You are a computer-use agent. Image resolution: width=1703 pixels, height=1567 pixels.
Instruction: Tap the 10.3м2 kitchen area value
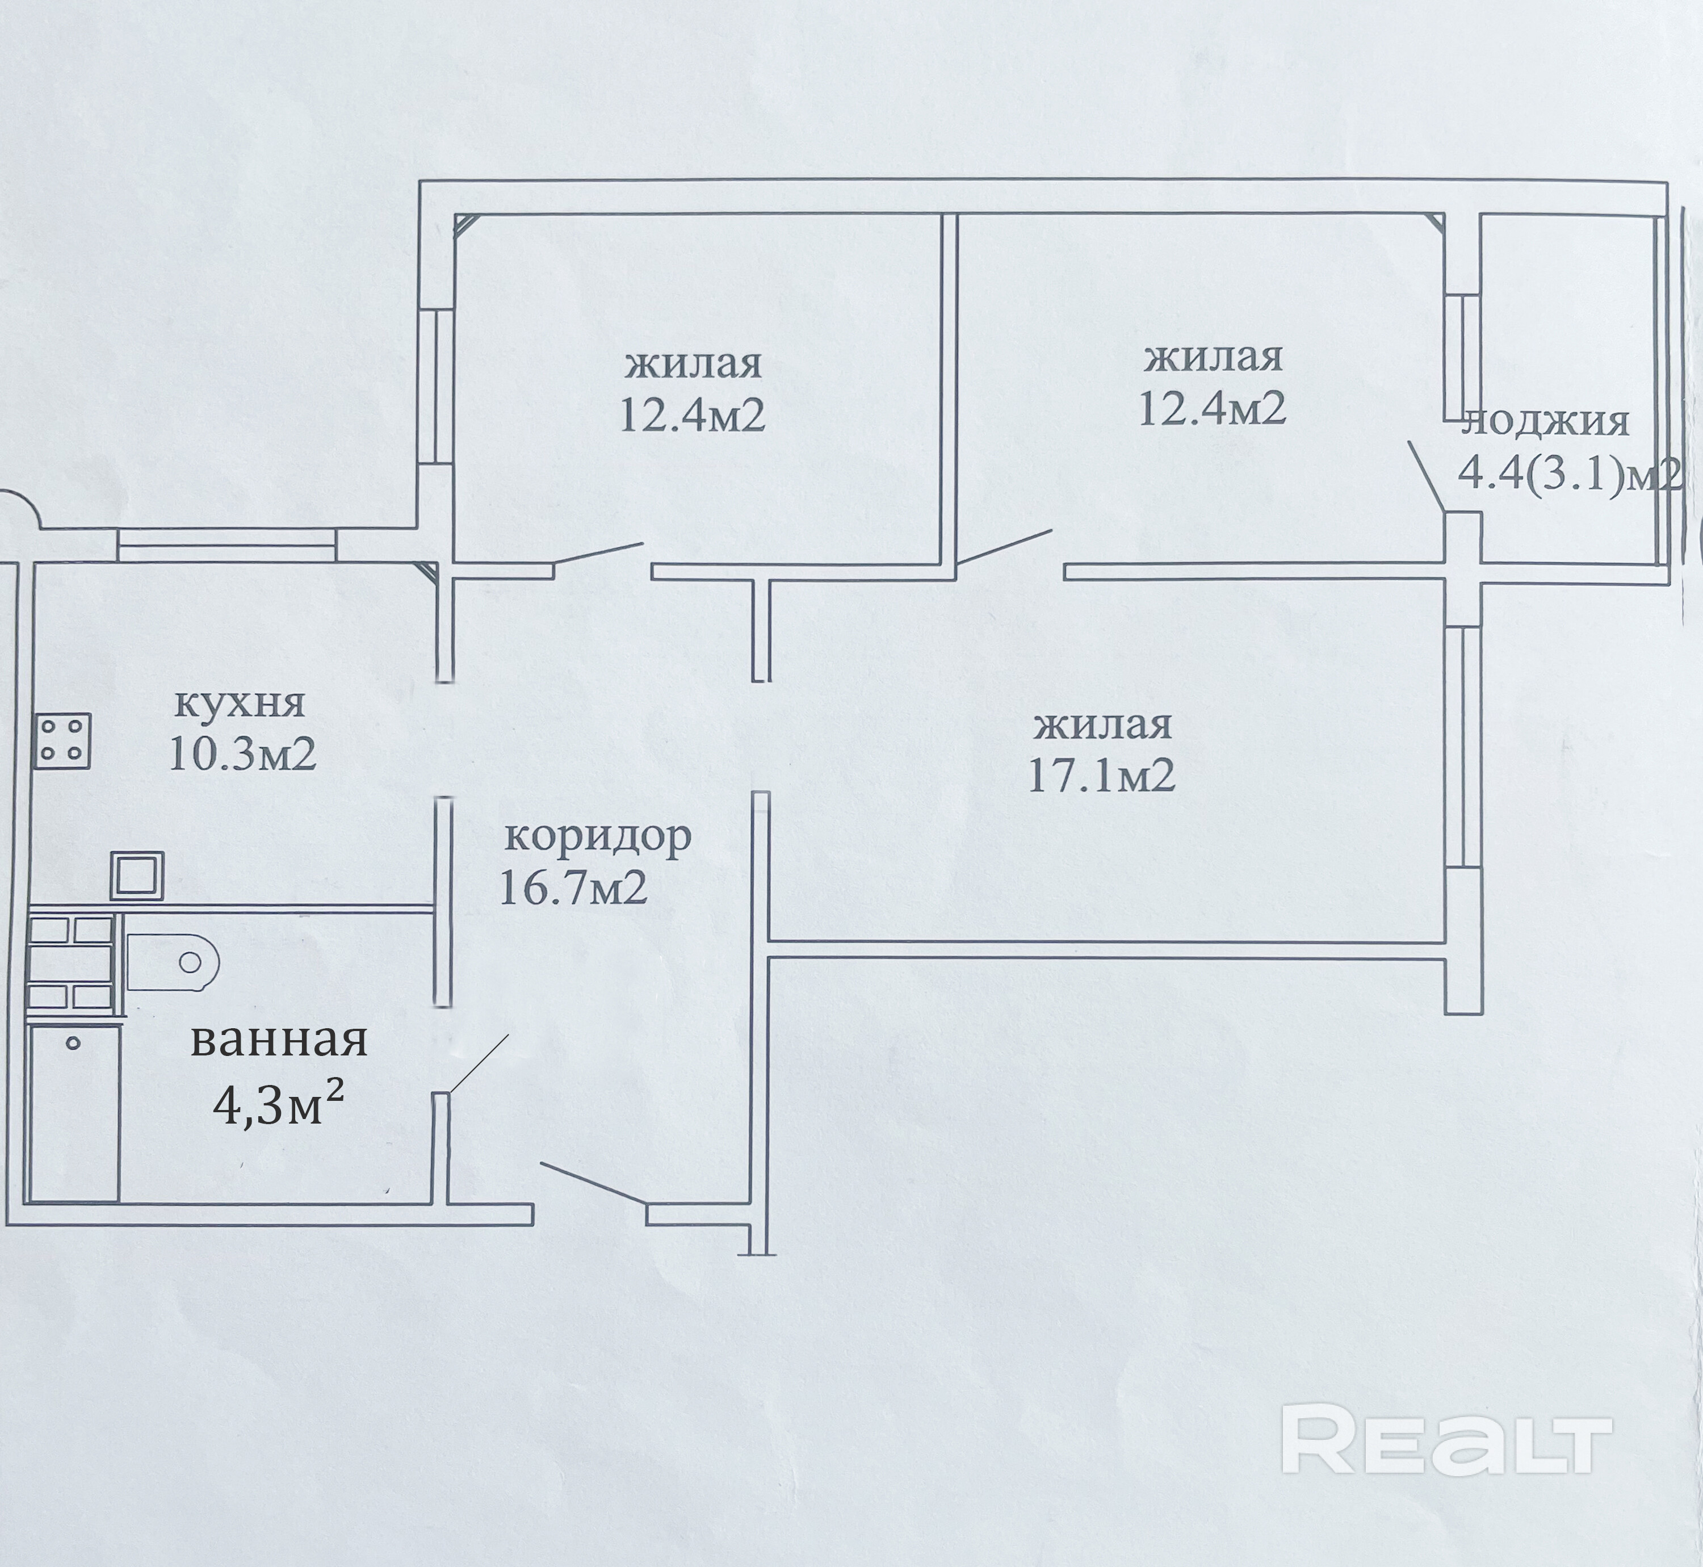pyautogui.click(x=242, y=753)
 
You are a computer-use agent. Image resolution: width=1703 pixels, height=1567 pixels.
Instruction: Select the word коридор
pyautogui.click(x=598, y=836)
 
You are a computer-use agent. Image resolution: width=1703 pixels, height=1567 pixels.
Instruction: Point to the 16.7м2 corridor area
pyautogui.click(x=574, y=888)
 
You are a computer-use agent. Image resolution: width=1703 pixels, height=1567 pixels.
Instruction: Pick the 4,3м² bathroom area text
pyautogui.click(x=279, y=1105)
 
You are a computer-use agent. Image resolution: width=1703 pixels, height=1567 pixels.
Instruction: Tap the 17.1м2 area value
pyautogui.click(x=1101, y=775)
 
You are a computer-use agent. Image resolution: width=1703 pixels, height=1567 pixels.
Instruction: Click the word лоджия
pyautogui.click(x=1545, y=421)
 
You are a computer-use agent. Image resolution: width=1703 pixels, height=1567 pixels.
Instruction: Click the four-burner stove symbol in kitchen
pyautogui.click(x=62, y=741)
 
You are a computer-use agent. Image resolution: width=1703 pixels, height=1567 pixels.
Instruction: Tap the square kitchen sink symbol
pyautogui.click(x=136, y=875)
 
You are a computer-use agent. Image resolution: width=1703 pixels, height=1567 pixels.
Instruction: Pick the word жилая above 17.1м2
pyautogui.click(x=1103, y=726)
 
